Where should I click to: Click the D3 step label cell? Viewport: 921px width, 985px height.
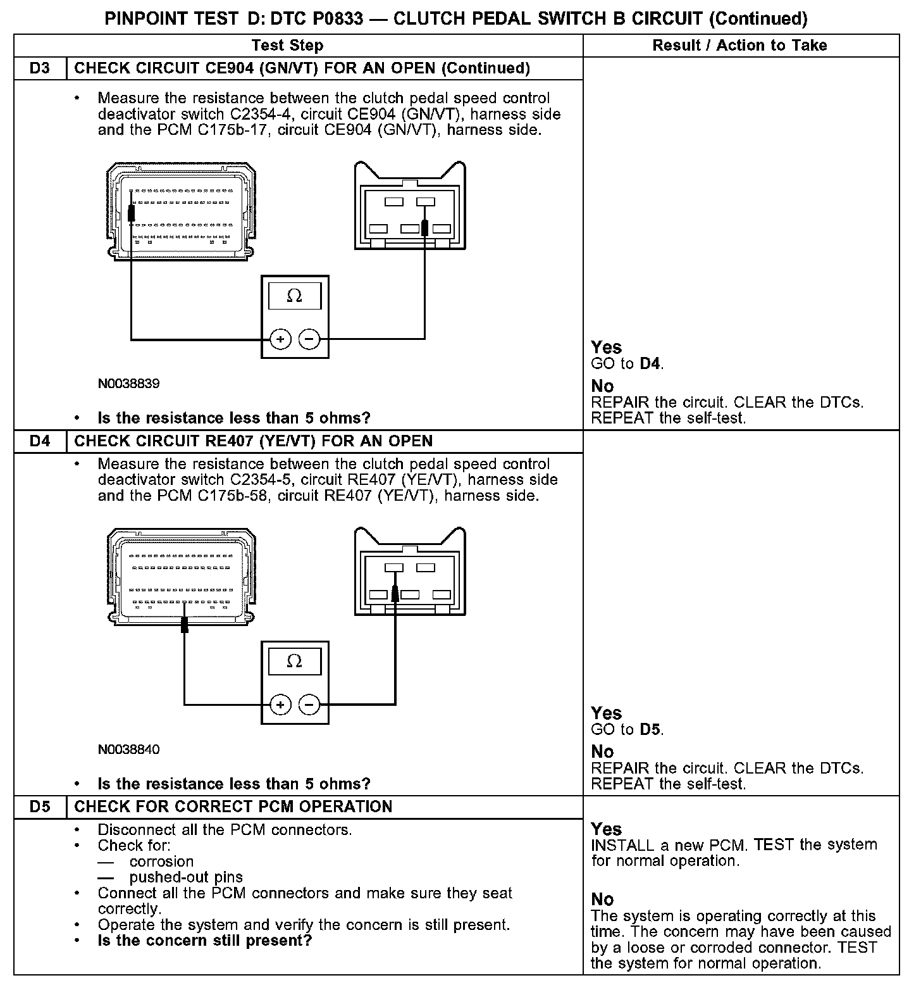(40, 68)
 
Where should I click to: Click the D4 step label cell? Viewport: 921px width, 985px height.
(40, 441)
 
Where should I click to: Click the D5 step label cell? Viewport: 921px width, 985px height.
(40, 806)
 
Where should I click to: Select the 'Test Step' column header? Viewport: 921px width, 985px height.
(287, 46)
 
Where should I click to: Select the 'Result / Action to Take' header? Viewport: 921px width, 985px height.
(739, 46)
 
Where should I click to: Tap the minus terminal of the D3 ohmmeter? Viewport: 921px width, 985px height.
(309, 339)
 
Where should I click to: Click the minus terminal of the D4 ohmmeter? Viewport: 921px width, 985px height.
(309, 705)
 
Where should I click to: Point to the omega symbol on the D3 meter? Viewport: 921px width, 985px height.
(295, 296)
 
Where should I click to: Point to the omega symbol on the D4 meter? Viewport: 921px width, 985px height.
(295, 662)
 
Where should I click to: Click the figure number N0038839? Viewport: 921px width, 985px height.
(128, 384)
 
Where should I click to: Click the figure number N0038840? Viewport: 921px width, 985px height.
(128, 750)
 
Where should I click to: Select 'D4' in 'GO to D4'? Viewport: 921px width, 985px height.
(650, 364)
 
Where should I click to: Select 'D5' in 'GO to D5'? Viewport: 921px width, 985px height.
(650, 729)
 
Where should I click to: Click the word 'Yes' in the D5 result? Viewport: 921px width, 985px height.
(606, 829)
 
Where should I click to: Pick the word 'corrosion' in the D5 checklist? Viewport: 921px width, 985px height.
(161, 862)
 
